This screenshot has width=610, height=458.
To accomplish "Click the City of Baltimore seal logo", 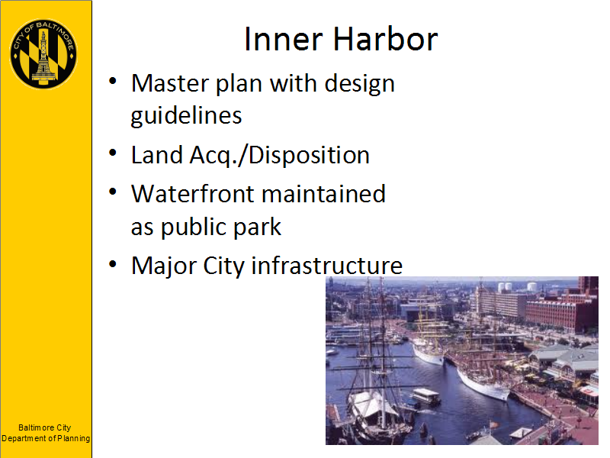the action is [x=43, y=53].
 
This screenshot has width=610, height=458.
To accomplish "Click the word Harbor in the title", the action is [x=385, y=40].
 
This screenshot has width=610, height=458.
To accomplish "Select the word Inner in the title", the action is [x=284, y=40].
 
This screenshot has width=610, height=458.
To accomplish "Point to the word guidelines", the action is [x=186, y=117].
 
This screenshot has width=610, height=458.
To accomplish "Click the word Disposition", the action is [x=309, y=156].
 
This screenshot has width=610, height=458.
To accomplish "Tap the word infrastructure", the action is [x=327, y=266].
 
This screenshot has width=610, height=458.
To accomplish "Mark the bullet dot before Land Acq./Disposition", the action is [x=113, y=153].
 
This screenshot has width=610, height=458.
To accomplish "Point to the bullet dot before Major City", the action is [x=113, y=264].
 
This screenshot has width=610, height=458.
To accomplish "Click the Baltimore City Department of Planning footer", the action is [x=46, y=433].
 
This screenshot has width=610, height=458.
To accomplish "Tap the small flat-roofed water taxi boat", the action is [x=426, y=397].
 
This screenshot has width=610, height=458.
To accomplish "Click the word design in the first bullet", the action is [x=359, y=84].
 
